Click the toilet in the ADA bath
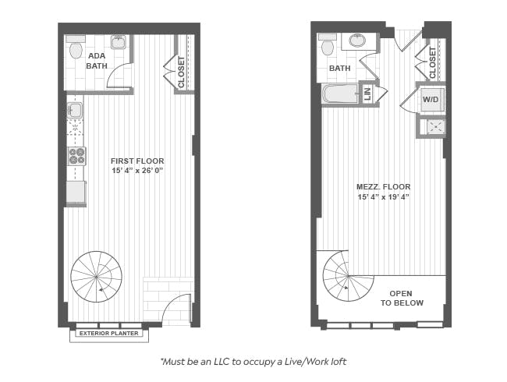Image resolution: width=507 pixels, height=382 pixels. tap(76, 48)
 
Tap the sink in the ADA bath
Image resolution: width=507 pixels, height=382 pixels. tap(118, 42)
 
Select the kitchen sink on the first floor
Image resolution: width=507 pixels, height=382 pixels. tap(75, 110)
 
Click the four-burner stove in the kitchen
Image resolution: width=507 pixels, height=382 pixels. tap(76, 156)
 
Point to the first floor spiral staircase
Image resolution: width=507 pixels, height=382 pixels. tap(97, 277)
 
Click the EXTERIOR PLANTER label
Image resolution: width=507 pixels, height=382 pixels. tap(109, 333)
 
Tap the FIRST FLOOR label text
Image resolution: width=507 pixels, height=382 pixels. tap(137, 161)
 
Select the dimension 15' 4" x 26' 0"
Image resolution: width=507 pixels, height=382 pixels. tap(137, 171)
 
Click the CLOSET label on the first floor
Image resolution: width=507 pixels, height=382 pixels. tap(181, 72)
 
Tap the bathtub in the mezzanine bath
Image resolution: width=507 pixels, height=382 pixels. tap(340, 94)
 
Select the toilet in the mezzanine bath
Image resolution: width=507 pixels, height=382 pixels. tap(327, 44)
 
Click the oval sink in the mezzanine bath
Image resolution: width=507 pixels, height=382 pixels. tap(357, 41)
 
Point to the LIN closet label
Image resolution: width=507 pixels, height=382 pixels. tap(367, 94)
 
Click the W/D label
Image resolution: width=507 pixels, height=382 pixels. tap(431, 99)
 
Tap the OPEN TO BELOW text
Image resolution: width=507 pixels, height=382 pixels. tap(402, 299)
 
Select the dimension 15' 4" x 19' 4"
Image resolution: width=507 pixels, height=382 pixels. tap(384, 196)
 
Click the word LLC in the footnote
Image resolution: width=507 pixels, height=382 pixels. tap(222, 361)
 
